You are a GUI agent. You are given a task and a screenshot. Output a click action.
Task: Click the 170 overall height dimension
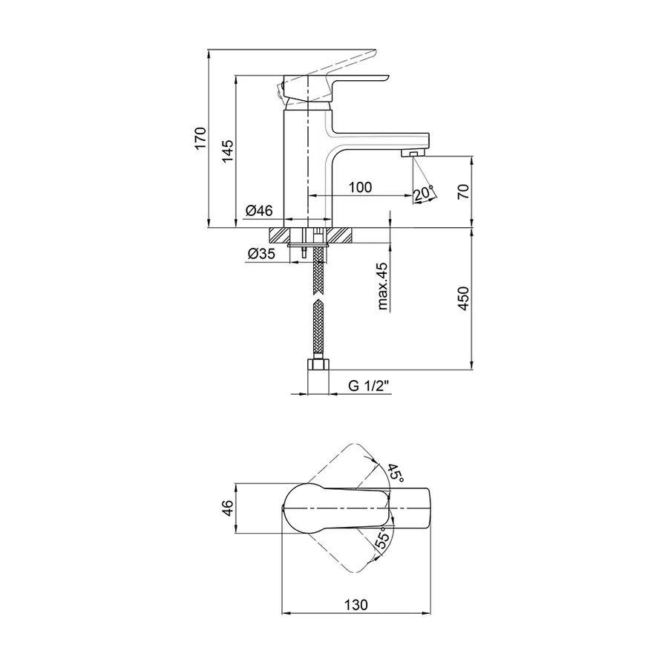[x=200, y=137]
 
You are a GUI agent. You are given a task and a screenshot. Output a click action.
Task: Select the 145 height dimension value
[x=228, y=151]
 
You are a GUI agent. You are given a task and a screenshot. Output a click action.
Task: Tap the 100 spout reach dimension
[x=361, y=187]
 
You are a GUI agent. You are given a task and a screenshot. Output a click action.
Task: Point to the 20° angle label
[x=423, y=193]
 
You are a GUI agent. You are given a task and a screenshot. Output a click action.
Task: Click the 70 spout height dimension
[x=465, y=191]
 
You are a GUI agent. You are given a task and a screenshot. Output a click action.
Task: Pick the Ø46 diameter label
[x=258, y=211]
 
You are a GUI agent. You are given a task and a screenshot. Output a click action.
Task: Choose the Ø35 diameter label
[x=261, y=254]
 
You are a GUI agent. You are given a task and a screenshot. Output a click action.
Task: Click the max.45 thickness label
[x=382, y=286]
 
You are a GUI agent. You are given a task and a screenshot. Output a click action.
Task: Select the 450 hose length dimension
[x=464, y=298]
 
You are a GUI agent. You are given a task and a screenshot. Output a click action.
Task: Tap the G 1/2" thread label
[x=369, y=386]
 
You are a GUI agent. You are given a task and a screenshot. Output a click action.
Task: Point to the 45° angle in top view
[x=396, y=473]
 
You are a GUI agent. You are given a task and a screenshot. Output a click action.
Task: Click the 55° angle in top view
[x=382, y=538]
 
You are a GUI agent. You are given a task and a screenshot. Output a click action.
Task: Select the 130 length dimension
[x=356, y=605]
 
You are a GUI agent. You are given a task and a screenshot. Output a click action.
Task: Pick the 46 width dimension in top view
[x=228, y=508]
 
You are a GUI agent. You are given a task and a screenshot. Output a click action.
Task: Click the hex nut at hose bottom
[x=318, y=364]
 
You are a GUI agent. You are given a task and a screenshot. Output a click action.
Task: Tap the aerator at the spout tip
[x=413, y=154]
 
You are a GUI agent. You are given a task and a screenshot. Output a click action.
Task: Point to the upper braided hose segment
[x=318, y=270]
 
